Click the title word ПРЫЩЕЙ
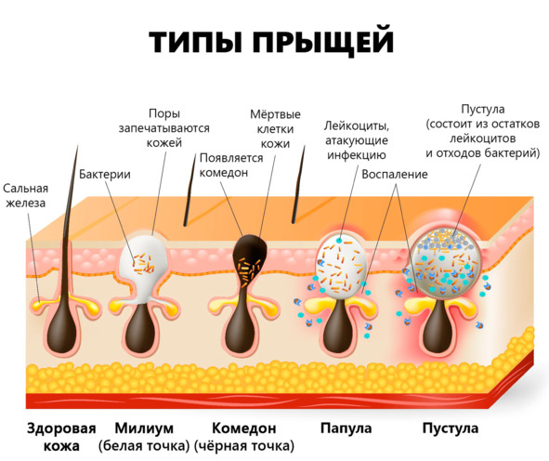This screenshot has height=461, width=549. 323,41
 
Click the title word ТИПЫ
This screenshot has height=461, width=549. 196,41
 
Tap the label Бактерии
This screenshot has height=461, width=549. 105,174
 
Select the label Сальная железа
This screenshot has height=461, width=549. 26,195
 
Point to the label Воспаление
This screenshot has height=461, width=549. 395,174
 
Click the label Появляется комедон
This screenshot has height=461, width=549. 231,165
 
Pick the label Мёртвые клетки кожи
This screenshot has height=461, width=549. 275,129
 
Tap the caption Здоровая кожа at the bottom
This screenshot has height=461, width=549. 61,437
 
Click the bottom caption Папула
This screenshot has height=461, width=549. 346,428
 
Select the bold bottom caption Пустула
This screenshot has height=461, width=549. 451,428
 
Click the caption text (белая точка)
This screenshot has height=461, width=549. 144,446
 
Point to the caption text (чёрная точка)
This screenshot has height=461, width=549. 244,446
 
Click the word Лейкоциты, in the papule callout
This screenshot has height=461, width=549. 357,125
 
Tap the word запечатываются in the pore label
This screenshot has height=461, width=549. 163,128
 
